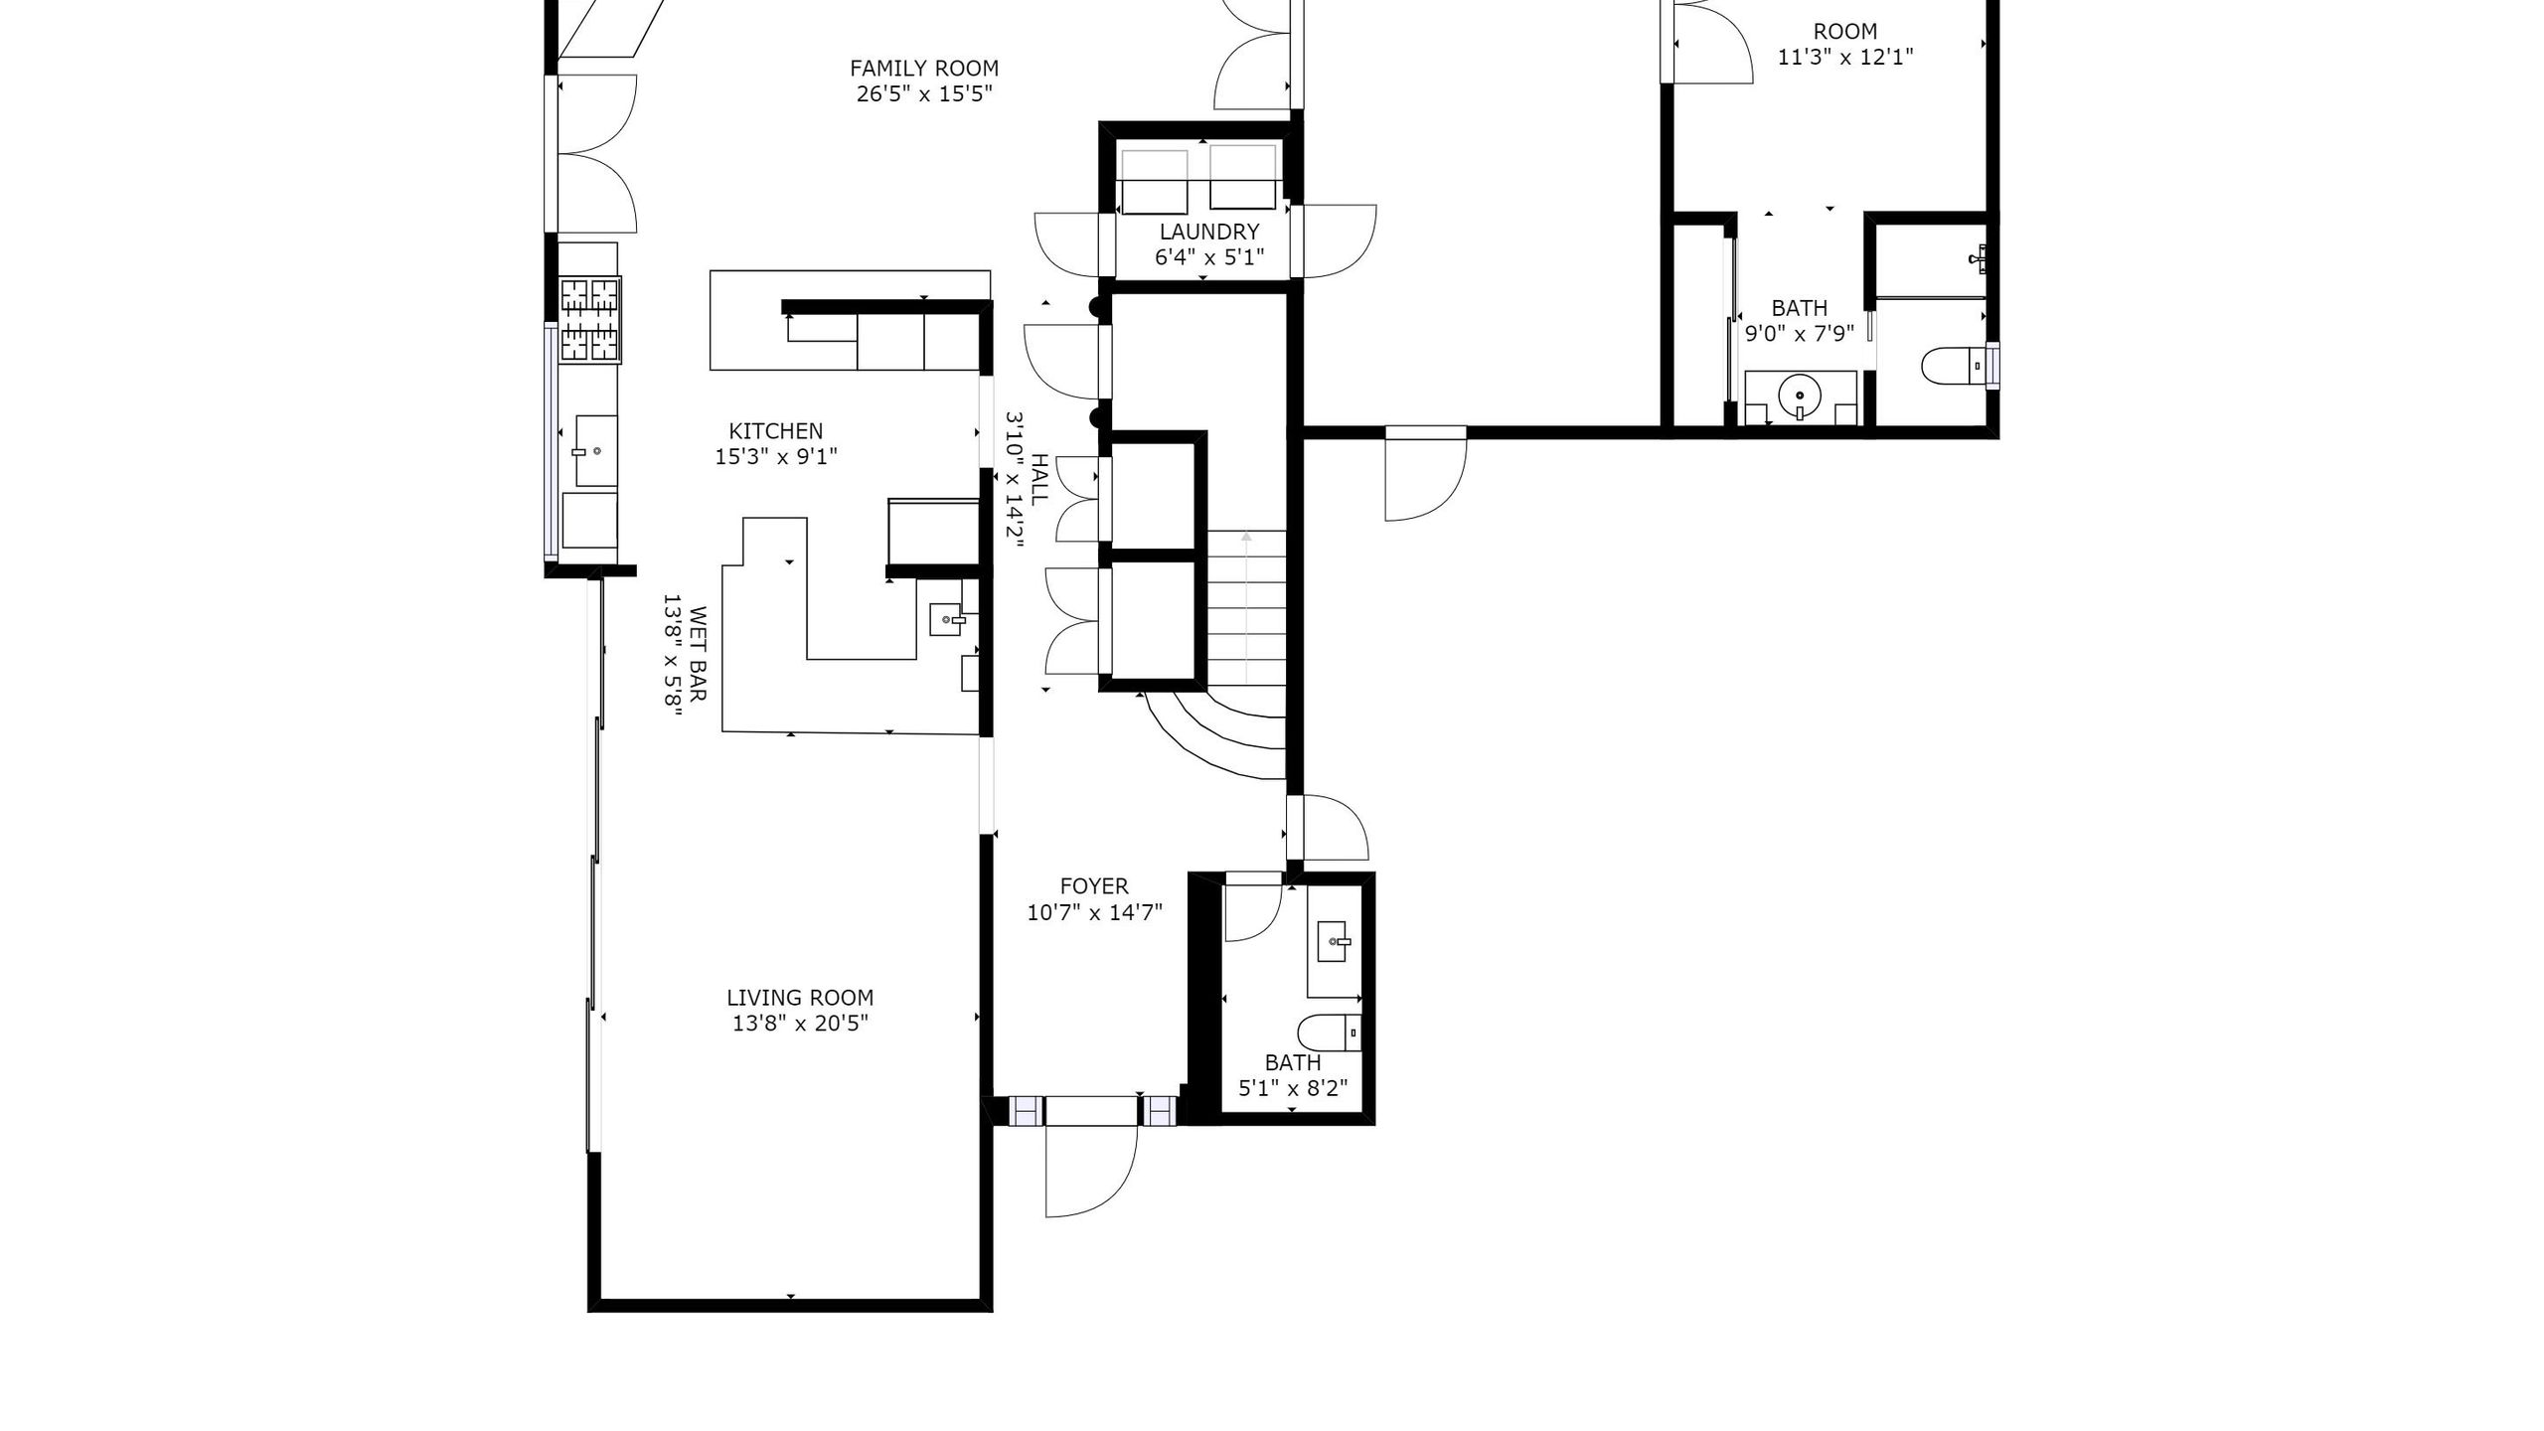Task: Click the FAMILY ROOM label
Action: [x=924, y=69]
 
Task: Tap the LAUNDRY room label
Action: [x=1208, y=232]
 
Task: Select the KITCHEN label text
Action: [x=776, y=431]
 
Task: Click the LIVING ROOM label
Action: [x=800, y=998]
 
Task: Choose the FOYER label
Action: [x=1094, y=886]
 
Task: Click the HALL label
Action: [x=1039, y=480]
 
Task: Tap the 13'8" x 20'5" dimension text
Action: [x=800, y=1024]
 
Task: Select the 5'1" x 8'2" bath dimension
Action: [x=1293, y=1088]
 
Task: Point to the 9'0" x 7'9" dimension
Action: [x=1800, y=334]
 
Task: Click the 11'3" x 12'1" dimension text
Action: [x=1845, y=57]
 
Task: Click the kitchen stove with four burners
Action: [x=590, y=319]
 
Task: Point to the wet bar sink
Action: [x=946, y=619]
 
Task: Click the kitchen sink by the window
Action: [x=596, y=451]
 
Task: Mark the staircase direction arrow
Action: [x=1246, y=608]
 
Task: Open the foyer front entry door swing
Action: [x=1091, y=1171]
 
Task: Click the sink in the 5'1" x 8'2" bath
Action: [x=1333, y=941]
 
